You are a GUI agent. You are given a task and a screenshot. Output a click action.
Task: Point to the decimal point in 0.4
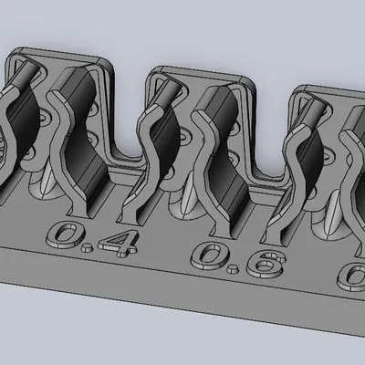click(x=96, y=249)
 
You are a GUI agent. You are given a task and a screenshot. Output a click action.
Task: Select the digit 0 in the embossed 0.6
click(x=212, y=255)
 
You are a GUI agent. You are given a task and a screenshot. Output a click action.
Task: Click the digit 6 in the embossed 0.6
click(x=266, y=265)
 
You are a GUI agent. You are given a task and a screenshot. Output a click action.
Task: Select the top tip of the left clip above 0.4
click(x=26, y=71)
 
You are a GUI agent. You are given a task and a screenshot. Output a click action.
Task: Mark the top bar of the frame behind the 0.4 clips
click(x=59, y=52)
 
